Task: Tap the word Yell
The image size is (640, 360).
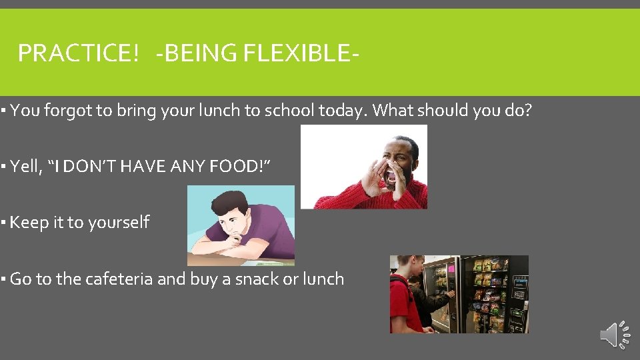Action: click(x=25, y=167)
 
